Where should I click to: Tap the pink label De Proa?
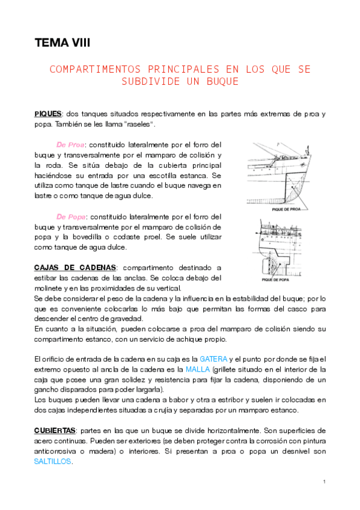click(70, 144)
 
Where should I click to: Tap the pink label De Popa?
click(71, 217)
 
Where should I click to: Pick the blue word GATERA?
click(213, 359)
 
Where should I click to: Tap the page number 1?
click(323, 482)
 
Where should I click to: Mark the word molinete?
click(50, 287)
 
